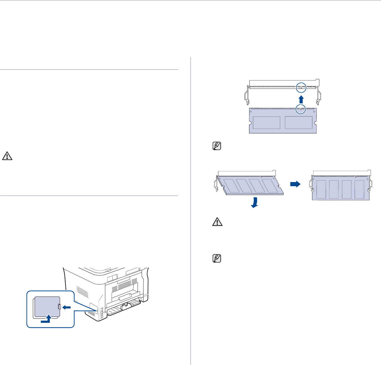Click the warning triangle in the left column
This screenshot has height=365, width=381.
pos(7,156)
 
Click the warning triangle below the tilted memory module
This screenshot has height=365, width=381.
pos(217,222)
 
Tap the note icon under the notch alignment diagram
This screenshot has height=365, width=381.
pos(217,146)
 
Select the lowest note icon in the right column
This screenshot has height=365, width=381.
pos(217,258)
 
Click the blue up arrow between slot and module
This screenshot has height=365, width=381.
pos(301,99)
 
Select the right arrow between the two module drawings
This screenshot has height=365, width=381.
pos(295,184)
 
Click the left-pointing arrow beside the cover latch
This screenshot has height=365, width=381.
pos(67,307)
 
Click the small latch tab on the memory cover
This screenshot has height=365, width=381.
pos(60,307)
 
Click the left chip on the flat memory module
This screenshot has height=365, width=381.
pos(267,122)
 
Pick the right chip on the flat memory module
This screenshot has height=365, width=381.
pos(298,122)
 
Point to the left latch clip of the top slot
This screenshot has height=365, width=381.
pos(247,95)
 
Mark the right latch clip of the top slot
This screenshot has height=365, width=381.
pos(319,95)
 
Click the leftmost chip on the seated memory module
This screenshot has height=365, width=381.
pos(321,189)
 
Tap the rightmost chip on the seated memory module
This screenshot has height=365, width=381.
pos(359,189)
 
